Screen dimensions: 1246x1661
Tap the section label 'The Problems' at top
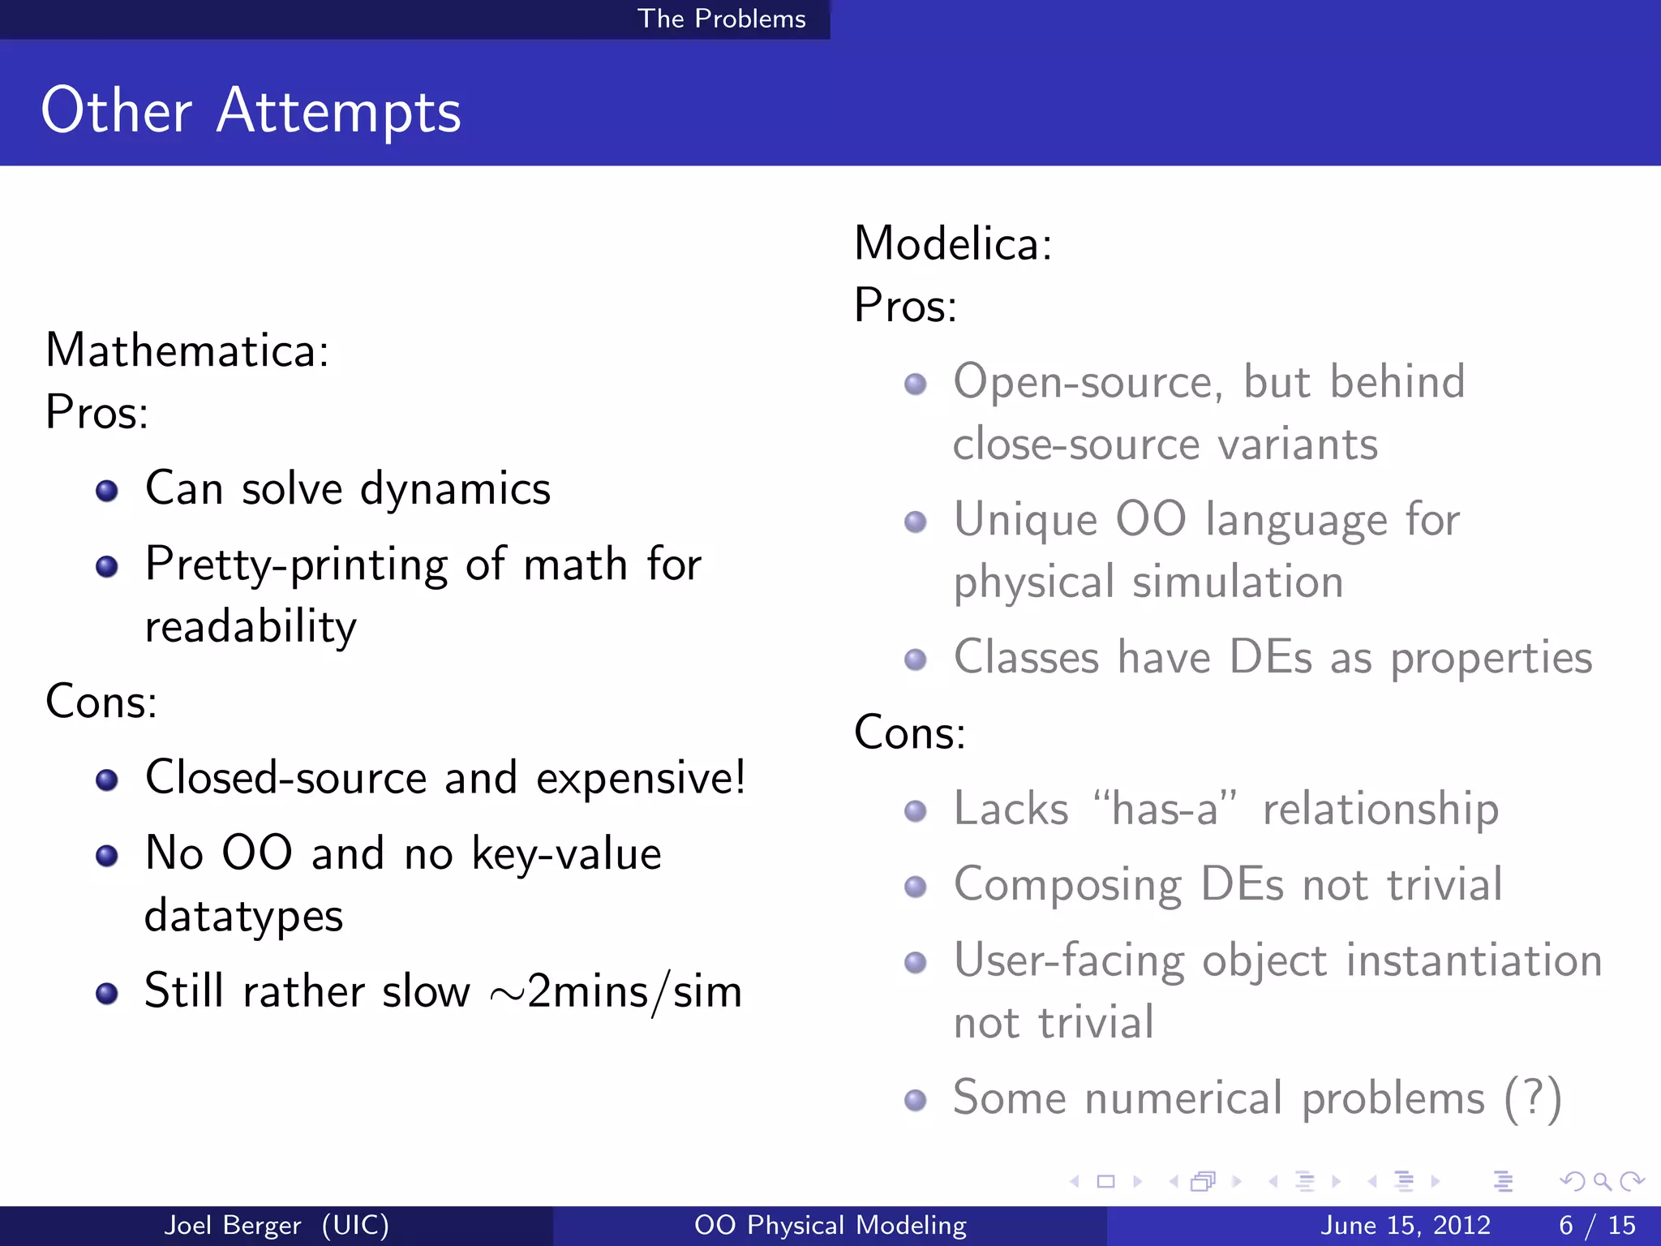(x=721, y=19)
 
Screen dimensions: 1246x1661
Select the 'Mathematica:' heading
(x=187, y=350)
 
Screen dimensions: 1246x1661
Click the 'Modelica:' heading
(x=953, y=243)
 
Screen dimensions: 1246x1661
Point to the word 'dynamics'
(x=455, y=489)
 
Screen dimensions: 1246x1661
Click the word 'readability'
(x=251, y=627)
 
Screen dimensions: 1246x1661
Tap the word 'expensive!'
(x=641, y=778)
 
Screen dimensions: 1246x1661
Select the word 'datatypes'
(x=244, y=916)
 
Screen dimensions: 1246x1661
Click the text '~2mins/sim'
(x=616, y=992)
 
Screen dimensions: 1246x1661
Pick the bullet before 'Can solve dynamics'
(x=107, y=491)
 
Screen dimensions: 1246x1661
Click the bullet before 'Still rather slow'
(x=107, y=994)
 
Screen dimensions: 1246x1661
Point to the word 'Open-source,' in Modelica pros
(x=1088, y=382)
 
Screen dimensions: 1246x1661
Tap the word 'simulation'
(x=1238, y=582)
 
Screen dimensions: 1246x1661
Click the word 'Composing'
(x=1067, y=884)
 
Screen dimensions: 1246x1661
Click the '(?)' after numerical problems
(x=1532, y=1098)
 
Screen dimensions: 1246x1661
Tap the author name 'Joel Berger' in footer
(x=233, y=1225)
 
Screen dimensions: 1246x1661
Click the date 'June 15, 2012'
(x=1406, y=1225)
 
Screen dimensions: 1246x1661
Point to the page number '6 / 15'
(x=1597, y=1225)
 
